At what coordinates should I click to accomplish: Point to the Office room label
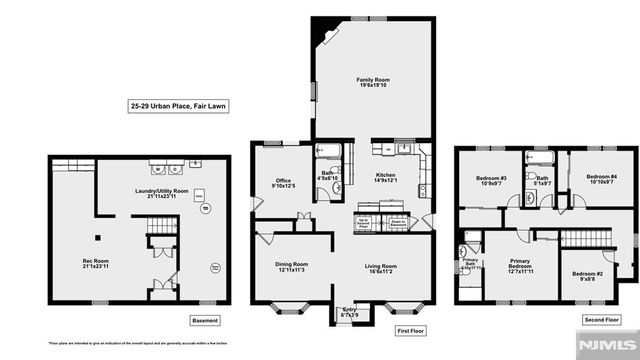tap(284, 181)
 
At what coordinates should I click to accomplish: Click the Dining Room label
tap(292, 266)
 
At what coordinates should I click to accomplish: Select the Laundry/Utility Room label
tap(155, 192)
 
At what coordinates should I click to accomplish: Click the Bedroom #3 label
tap(490, 182)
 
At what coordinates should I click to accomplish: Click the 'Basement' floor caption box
tap(203, 320)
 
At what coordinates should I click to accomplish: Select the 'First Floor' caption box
tap(412, 328)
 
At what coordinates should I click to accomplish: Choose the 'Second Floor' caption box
tap(599, 320)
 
